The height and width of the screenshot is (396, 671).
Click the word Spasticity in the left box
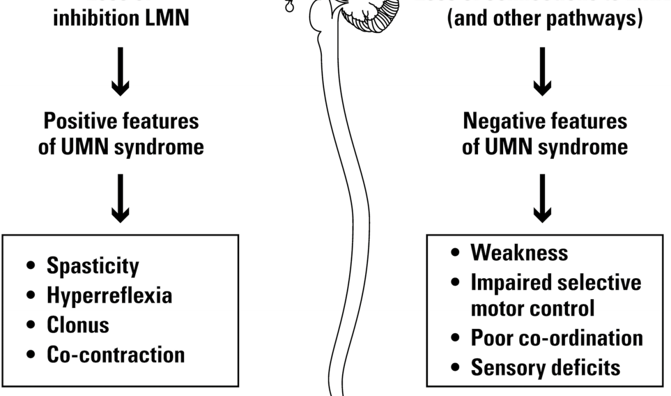(x=92, y=266)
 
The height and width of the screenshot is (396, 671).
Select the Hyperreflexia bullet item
(x=109, y=295)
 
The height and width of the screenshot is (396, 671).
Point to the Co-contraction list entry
(x=116, y=354)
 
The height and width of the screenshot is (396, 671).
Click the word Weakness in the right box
(x=519, y=252)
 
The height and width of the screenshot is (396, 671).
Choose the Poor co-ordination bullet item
(x=557, y=338)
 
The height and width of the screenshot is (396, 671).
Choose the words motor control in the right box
(x=532, y=309)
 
